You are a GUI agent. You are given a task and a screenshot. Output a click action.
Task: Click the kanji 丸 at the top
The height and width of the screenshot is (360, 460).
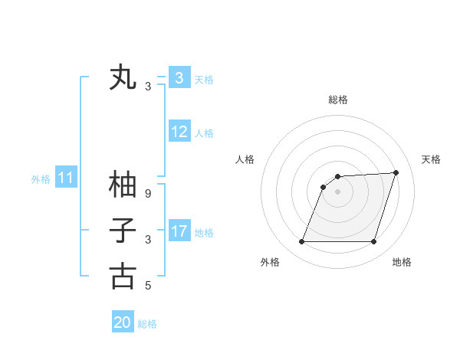click(x=123, y=78)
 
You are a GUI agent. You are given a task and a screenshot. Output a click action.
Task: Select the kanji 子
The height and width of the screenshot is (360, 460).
click(x=123, y=231)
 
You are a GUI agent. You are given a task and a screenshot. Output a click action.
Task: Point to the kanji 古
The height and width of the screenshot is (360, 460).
click(x=123, y=277)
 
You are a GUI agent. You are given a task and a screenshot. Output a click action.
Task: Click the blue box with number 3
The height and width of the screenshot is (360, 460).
click(x=179, y=78)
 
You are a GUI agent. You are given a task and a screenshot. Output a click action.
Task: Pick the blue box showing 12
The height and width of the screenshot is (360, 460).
click(x=179, y=132)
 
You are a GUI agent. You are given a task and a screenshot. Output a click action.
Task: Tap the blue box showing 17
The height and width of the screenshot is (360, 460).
click(x=179, y=231)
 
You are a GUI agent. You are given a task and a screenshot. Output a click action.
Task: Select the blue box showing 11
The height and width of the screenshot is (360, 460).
click(x=65, y=178)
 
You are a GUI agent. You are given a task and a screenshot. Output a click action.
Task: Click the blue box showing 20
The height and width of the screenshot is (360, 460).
click(x=123, y=322)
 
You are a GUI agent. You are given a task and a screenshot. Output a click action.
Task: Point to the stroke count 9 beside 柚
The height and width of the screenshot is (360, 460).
click(x=148, y=194)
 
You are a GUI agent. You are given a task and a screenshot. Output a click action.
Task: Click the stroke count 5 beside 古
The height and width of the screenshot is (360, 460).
click(x=148, y=286)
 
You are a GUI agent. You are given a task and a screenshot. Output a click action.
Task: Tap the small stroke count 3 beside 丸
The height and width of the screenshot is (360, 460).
click(x=148, y=87)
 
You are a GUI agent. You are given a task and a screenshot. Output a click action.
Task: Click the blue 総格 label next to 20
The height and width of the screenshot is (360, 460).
click(x=147, y=324)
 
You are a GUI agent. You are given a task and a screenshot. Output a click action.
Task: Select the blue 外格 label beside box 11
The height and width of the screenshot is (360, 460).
click(x=41, y=179)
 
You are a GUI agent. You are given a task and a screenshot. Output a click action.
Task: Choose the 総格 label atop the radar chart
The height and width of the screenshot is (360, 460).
click(x=337, y=100)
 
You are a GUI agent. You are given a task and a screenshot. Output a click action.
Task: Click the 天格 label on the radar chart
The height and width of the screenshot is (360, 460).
click(x=431, y=159)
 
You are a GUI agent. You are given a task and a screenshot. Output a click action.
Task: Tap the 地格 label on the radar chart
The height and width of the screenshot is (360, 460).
click(x=402, y=262)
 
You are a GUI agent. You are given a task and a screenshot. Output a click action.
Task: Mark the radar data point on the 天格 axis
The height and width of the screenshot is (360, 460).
click(x=396, y=172)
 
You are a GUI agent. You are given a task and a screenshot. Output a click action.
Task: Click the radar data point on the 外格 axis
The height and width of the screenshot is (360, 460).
click(x=301, y=242)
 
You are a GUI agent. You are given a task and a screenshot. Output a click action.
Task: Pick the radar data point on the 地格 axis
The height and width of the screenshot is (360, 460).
click(x=373, y=242)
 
